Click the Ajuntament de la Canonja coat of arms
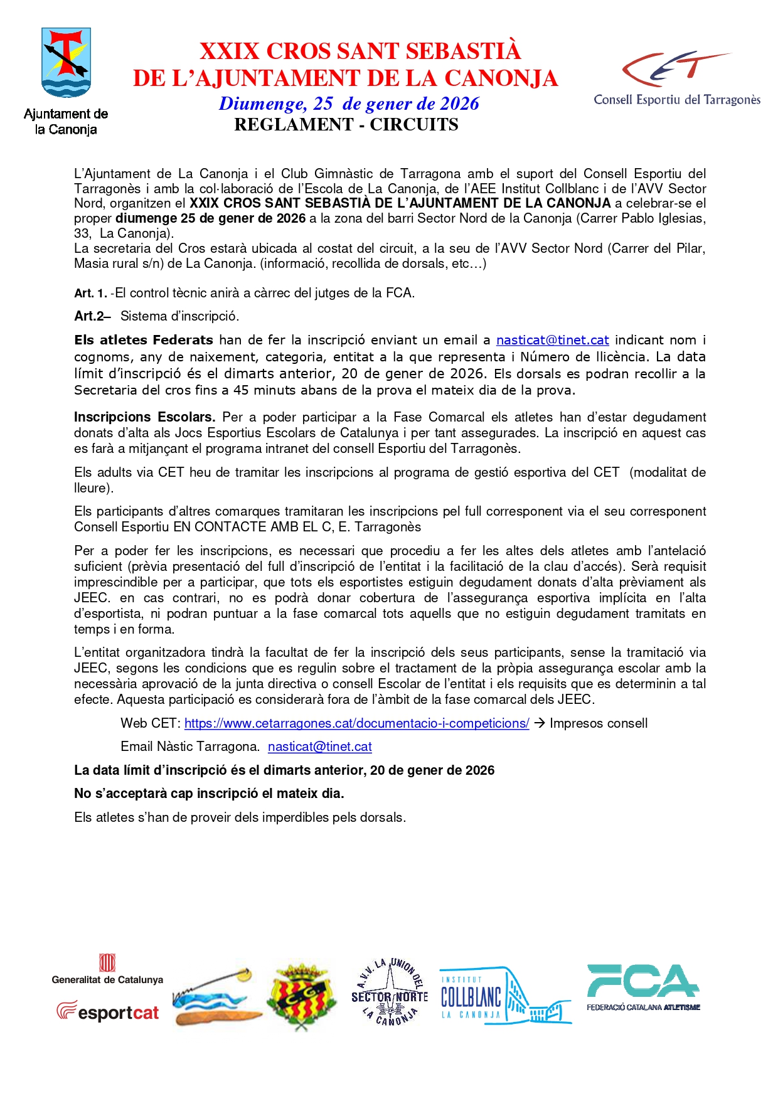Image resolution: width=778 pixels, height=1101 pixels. click(66, 63)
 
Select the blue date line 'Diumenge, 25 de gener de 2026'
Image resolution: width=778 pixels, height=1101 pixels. click(349, 104)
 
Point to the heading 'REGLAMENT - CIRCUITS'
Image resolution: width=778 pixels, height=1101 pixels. click(346, 124)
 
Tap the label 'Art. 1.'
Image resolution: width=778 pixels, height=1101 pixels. click(90, 293)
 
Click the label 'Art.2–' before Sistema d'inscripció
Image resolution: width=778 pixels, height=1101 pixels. click(92, 316)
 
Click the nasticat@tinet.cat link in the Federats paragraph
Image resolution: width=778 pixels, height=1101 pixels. click(552, 340)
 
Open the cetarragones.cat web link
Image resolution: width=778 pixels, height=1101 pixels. click(356, 723)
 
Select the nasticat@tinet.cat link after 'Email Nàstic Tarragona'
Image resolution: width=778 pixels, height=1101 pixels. click(319, 747)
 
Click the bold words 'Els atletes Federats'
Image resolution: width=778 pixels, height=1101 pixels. click(144, 340)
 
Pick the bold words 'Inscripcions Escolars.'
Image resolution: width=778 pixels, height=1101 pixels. click(144, 417)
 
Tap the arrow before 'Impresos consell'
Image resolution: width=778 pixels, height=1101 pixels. click(539, 723)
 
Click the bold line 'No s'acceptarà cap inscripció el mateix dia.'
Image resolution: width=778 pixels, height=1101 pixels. click(209, 794)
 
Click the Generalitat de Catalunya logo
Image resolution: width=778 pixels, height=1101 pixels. click(107, 969)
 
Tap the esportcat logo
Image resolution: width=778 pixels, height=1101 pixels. click(107, 1011)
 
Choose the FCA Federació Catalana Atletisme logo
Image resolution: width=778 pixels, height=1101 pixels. click(643, 987)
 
